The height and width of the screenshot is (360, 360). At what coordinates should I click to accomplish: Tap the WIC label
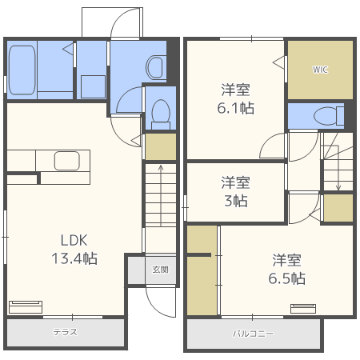(x=320, y=70)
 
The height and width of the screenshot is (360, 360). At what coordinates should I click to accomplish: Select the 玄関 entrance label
(x=161, y=270)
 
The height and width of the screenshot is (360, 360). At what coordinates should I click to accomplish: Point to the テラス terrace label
(x=65, y=332)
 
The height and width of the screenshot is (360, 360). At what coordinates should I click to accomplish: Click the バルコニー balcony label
(x=253, y=332)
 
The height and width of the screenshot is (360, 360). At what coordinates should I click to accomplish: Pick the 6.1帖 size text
(x=237, y=108)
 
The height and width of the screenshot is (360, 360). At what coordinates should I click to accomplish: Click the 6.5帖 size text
(x=287, y=278)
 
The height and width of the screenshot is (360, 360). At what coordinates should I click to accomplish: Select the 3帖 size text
(x=236, y=201)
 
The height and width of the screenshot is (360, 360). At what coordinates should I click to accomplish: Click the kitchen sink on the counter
(x=66, y=161)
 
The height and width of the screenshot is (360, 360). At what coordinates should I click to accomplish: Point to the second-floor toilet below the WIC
(x=328, y=115)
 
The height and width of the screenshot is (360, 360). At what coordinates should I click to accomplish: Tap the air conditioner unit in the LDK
(x=26, y=306)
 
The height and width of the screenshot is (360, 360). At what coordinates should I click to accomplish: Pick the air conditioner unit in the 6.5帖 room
(x=303, y=308)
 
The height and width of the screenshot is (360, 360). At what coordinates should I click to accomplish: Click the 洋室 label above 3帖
(x=236, y=182)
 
